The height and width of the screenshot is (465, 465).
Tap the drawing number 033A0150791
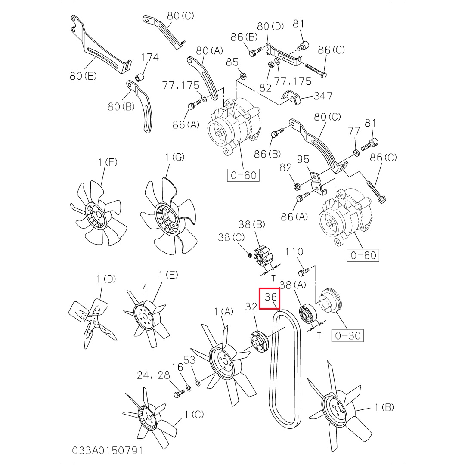pyautogui.click(x=107, y=451)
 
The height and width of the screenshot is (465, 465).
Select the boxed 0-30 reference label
pyautogui.click(x=347, y=335)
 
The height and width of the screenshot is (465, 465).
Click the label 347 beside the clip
pyautogui.click(x=323, y=96)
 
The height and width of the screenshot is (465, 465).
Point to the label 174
pyautogui.click(x=150, y=57)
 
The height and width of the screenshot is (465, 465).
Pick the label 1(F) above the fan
pyautogui.click(x=108, y=162)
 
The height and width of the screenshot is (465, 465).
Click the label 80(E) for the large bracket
pyautogui.click(x=83, y=76)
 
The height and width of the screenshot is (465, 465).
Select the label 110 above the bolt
pyautogui.click(x=294, y=252)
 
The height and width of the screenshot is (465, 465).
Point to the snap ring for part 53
pyautogui.click(x=198, y=383)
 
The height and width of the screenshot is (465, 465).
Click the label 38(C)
pyautogui.click(x=231, y=237)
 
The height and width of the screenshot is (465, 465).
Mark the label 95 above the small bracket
pyautogui.click(x=303, y=159)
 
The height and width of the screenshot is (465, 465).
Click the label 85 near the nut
pyautogui.click(x=232, y=62)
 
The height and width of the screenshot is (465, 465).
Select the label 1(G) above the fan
pyautogui.click(x=175, y=157)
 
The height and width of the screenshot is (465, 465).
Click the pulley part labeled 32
pyautogui.click(x=259, y=342)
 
